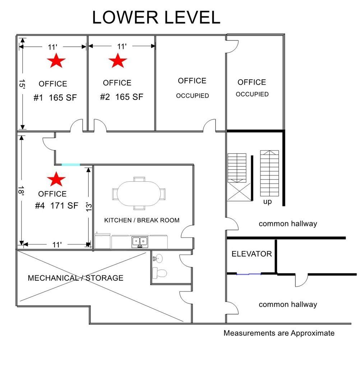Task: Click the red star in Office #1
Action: coord(56,61)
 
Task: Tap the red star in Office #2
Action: coord(118,61)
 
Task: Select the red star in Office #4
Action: coord(56,179)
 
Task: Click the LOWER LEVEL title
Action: coord(156,17)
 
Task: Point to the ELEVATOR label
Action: coord(251,254)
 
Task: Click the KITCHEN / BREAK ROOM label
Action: coord(142,220)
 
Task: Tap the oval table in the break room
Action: coord(139,194)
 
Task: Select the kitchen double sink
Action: coord(140,242)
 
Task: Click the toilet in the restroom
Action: coord(160,273)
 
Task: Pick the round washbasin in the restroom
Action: coord(158,257)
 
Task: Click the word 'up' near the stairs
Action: coord(267,202)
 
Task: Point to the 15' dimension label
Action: coord(22,84)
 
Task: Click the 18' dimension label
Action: coord(21,191)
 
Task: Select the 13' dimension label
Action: coord(89,207)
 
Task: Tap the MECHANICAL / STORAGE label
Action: coord(75,278)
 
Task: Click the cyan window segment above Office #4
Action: coord(71,165)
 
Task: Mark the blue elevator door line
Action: coord(249,274)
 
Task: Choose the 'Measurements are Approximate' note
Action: coord(279,333)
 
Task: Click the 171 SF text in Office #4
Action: coord(64,206)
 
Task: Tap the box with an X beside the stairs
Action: coord(239,191)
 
